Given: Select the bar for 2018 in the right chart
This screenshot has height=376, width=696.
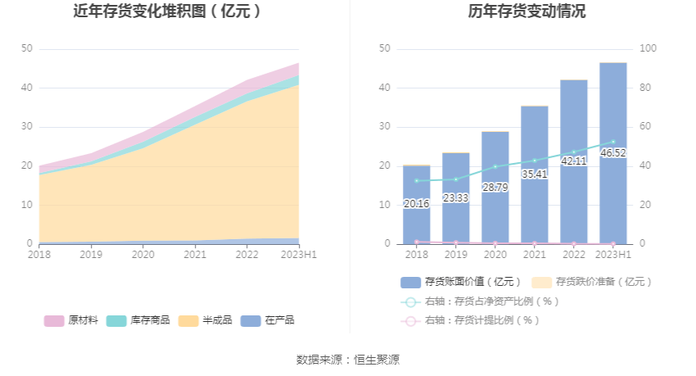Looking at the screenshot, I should click(416, 205).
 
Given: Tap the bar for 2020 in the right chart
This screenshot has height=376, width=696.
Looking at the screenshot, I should click(495, 188).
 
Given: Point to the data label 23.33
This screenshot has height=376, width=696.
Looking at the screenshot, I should click(455, 198).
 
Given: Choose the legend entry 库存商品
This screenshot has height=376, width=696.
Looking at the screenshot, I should click(138, 320).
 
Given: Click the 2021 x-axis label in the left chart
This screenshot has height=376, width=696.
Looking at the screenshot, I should click(195, 255).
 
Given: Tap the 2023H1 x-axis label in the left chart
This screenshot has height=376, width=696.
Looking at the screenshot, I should click(298, 255).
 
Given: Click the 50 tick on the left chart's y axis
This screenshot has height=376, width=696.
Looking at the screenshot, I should click(27, 49).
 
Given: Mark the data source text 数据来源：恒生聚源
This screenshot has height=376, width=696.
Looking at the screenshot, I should click(348, 360).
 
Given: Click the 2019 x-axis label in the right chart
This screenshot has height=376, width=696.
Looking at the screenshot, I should click(455, 255).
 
